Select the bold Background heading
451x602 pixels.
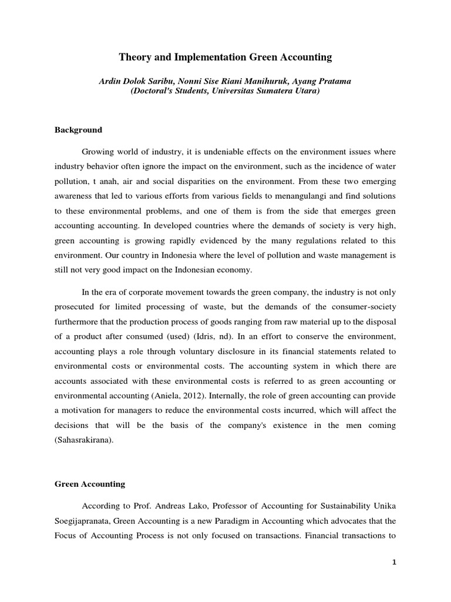pyautogui.click(x=79, y=130)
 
